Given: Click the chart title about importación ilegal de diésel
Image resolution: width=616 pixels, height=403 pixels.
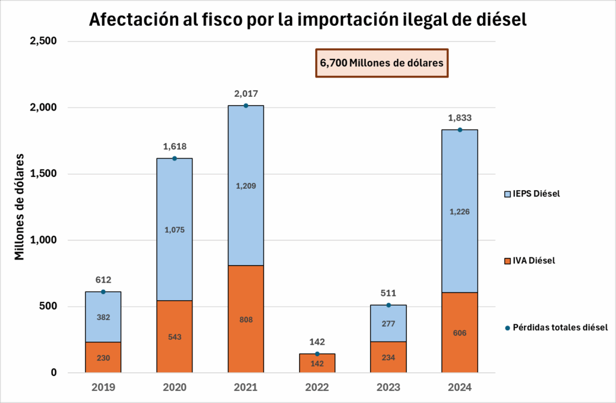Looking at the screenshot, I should click(x=307, y=20).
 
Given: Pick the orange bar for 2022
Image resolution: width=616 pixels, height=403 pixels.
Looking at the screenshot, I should click(x=317, y=363).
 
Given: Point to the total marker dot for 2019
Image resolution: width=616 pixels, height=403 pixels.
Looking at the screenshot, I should click(x=103, y=292).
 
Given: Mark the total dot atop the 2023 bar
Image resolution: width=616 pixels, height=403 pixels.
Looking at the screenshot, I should click(x=389, y=305).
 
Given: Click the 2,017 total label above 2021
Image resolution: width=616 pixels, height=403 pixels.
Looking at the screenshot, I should click(x=245, y=93).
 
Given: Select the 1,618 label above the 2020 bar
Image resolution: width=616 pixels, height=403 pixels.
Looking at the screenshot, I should click(x=174, y=146).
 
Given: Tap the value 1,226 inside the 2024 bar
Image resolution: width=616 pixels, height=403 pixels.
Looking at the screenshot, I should click(x=460, y=211).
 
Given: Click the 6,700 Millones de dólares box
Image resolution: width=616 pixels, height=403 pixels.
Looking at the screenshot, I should click(x=382, y=63).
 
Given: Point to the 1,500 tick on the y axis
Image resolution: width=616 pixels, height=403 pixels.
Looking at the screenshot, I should click(x=44, y=174).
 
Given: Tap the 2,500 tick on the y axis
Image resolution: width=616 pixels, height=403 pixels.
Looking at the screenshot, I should click(x=44, y=41).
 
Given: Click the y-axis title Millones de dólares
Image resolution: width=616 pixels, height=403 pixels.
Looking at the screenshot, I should click(x=19, y=207).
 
